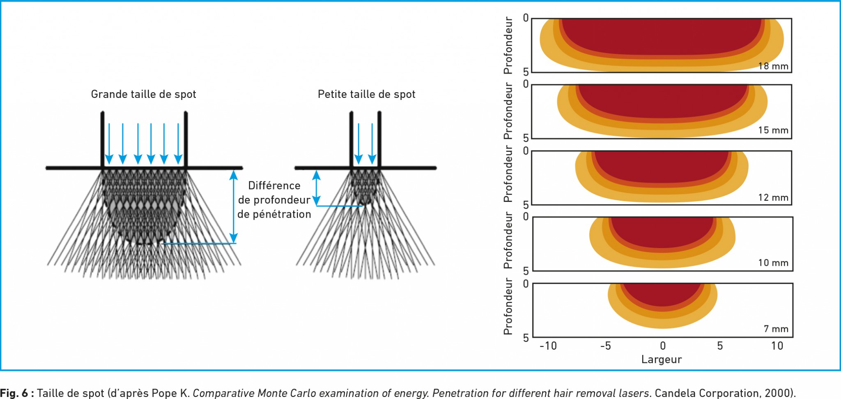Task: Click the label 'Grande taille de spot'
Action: tap(143, 94)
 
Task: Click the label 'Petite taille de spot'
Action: tap(366, 94)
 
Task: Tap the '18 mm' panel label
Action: tap(773, 66)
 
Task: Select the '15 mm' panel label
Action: tap(773, 130)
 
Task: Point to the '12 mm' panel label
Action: tap(773, 197)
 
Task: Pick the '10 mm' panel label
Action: tap(773, 263)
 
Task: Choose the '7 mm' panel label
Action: tap(776, 329)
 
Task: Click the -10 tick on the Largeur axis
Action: tap(548, 346)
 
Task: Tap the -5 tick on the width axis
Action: tap(606, 346)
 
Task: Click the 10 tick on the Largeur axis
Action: tap(777, 346)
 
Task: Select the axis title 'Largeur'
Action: tap(661, 360)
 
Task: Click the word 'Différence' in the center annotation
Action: tap(274, 186)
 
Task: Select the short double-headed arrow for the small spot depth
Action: tap(316, 188)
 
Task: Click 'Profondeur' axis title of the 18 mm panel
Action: tap(508, 45)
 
